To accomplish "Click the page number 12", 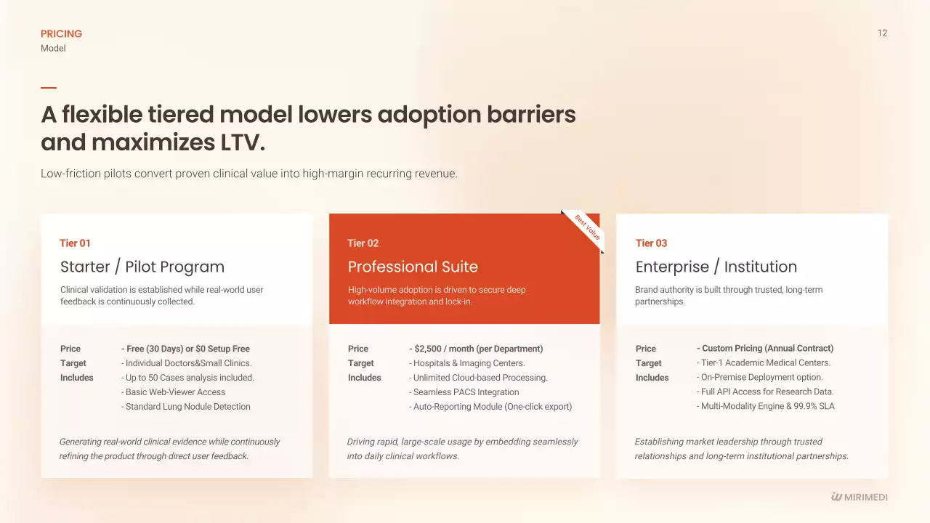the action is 882,33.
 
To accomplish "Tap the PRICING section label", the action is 62,33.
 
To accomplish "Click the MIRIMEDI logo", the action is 859,497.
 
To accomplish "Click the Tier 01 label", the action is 75,243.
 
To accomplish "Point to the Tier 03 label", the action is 651,243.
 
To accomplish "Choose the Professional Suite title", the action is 413,267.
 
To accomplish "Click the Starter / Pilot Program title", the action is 142,267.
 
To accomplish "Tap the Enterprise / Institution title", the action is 716,267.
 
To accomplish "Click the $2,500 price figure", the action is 428,349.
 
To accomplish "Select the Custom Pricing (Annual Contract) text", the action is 768,348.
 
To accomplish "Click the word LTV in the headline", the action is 239,142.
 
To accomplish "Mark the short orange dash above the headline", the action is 49,88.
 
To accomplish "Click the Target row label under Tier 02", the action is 361,363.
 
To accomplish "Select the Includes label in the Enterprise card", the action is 652,378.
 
